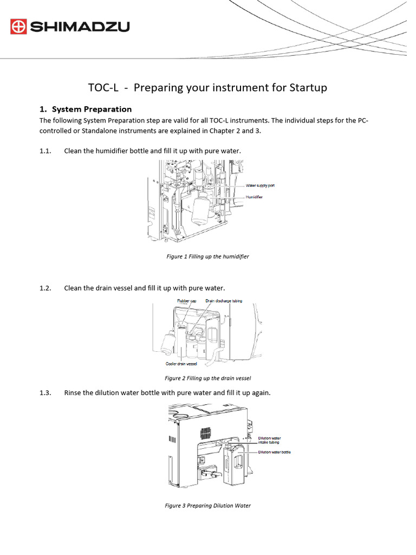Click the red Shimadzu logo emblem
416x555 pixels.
(18, 26)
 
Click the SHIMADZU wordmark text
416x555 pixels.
(80, 26)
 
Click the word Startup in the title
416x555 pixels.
(307, 87)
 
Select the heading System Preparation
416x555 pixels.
(92, 109)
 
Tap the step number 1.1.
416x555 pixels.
(45, 151)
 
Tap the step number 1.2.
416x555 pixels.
(45, 288)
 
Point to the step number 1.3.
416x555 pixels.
(45, 392)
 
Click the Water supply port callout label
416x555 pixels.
(261, 186)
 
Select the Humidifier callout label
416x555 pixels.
(254, 197)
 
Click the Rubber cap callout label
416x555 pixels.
(186, 300)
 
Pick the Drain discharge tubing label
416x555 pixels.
(224, 300)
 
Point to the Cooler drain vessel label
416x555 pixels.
(181, 364)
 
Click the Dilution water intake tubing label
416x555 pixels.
(269, 440)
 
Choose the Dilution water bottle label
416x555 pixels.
(274, 452)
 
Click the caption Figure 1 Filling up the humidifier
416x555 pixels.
(207, 256)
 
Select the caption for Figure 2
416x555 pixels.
(207, 378)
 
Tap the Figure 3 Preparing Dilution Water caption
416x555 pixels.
(207, 506)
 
